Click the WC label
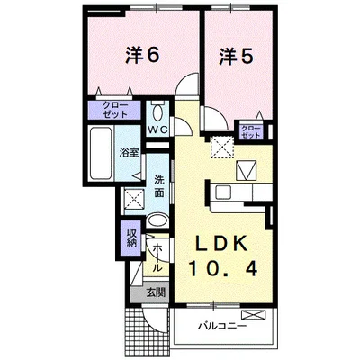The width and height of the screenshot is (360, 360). [x=158, y=130]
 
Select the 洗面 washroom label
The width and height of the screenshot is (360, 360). [x=158, y=184]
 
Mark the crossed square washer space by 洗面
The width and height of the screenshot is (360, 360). [x=134, y=200]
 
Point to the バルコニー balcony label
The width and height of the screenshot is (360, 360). [x=224, y=326]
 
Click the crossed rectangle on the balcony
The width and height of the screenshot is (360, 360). [x=256, y=314]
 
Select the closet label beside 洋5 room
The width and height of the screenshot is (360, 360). [x=251, y=130]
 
